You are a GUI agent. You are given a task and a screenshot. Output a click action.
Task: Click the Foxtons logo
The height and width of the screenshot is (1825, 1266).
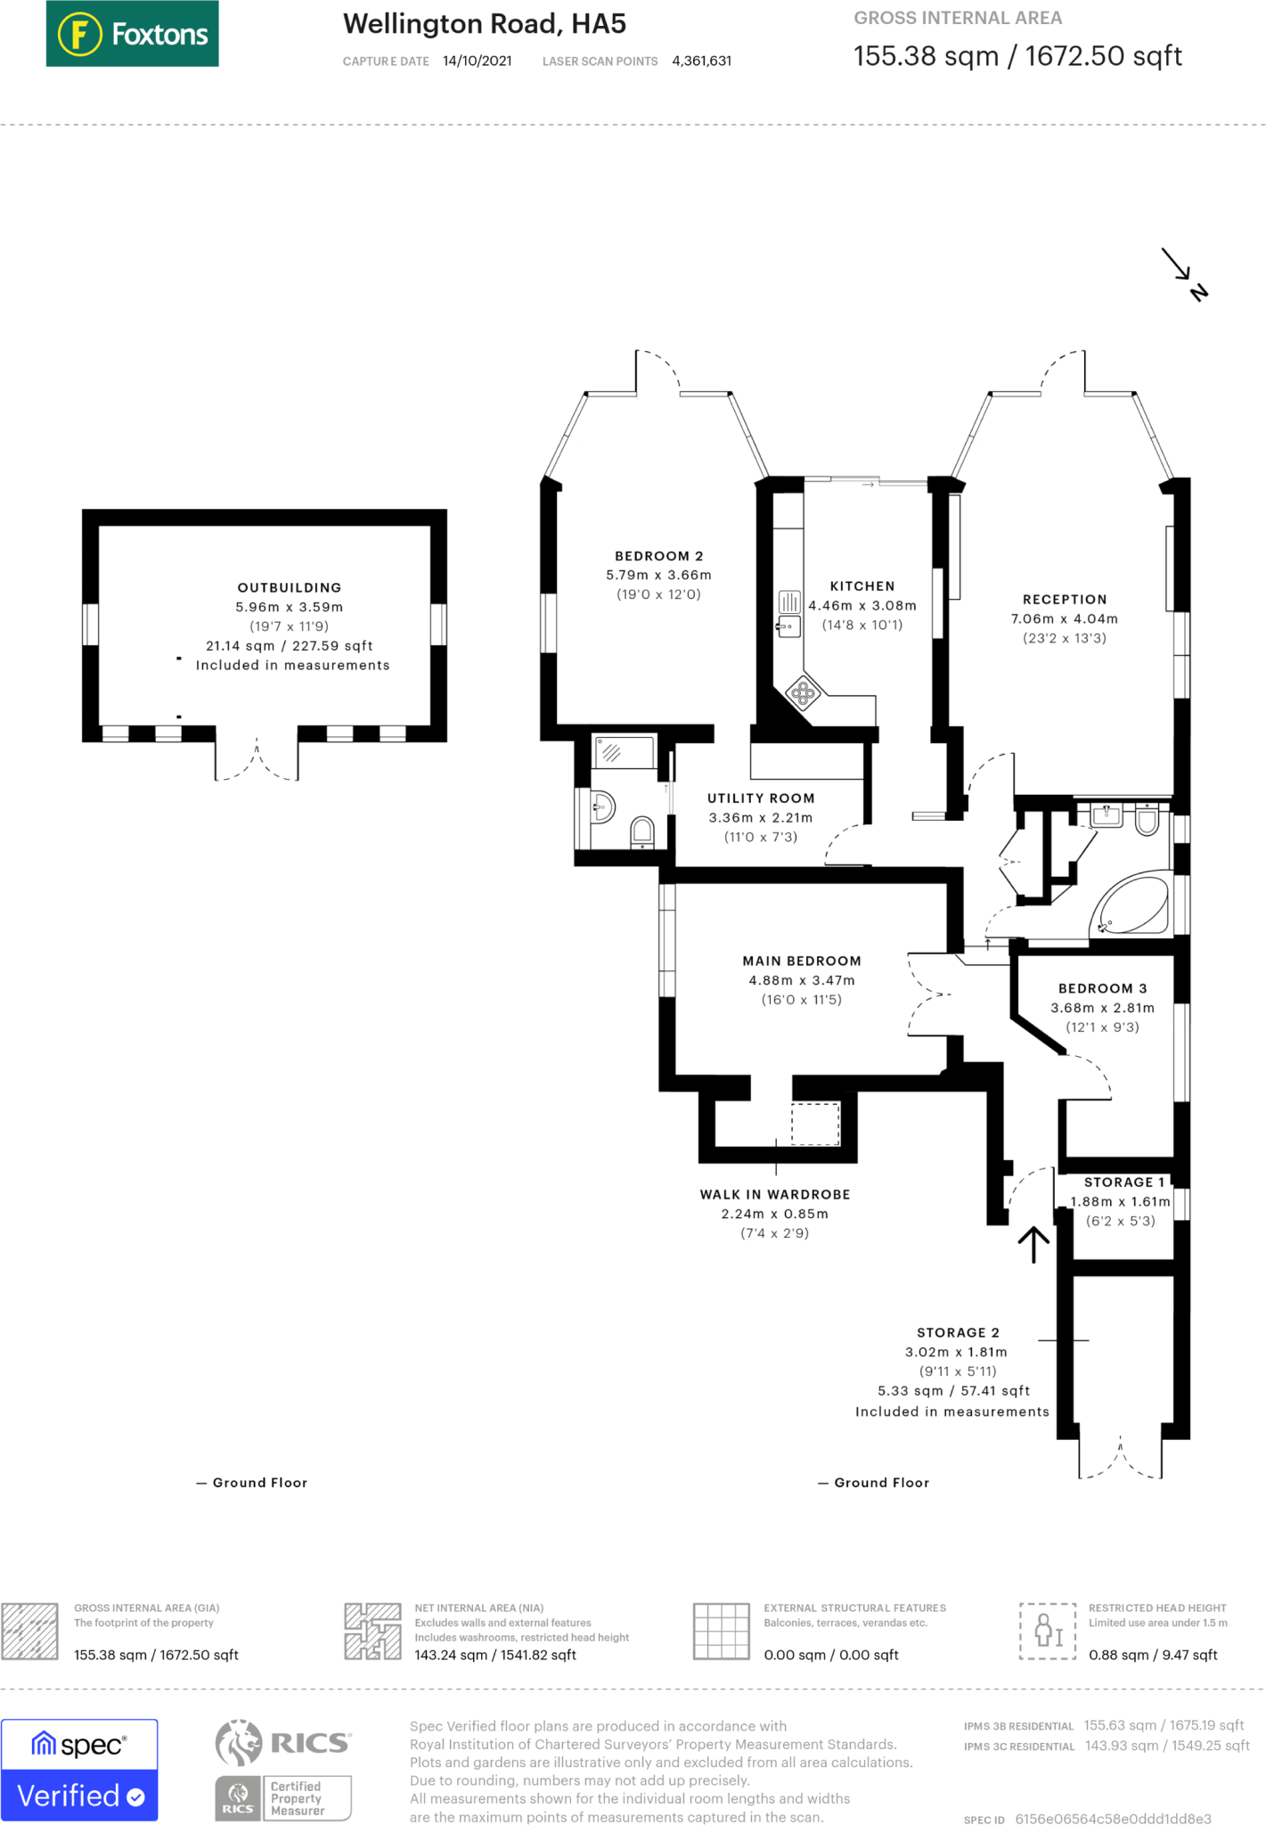[132, 34]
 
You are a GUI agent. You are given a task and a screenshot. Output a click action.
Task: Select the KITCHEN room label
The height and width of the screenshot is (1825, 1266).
[862, 586]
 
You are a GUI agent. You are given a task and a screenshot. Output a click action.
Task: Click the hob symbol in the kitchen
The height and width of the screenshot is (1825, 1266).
[803, 692]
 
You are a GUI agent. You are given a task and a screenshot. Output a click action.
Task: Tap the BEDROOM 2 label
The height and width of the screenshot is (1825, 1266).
[659, 556]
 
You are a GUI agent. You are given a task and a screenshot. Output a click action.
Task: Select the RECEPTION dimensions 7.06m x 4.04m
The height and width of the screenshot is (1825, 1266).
[1065, 618]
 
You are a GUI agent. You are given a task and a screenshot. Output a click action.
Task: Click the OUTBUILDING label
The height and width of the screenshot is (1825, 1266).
[290, 587]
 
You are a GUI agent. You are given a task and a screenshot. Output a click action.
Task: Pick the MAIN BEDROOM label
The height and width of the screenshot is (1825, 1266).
[802, 961]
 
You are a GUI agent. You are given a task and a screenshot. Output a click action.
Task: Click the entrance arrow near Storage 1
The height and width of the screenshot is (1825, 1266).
[1033, 1244]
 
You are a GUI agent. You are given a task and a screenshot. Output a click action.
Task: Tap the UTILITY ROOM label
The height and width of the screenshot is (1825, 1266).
[761, 798]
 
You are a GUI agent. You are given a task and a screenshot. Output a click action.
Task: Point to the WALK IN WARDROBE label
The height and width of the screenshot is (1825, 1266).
[775, 1194]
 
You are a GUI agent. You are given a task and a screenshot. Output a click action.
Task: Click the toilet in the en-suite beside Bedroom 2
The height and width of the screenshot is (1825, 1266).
[642, 833]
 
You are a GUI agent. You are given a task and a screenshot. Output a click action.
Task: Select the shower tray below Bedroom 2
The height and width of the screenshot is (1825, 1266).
[625, 752]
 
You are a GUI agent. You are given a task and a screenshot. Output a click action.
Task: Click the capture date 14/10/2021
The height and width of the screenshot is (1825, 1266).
[478, 61]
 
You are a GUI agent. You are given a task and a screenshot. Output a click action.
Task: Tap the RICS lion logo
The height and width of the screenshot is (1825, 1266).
[239, 1742]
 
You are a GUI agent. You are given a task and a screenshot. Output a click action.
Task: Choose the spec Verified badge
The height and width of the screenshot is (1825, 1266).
[79, 1770]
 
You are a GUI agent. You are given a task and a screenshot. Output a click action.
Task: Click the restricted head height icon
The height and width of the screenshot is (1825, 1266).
[1049, 1631]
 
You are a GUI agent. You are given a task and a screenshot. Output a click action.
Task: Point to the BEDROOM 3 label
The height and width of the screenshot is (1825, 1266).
[1103, 988]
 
